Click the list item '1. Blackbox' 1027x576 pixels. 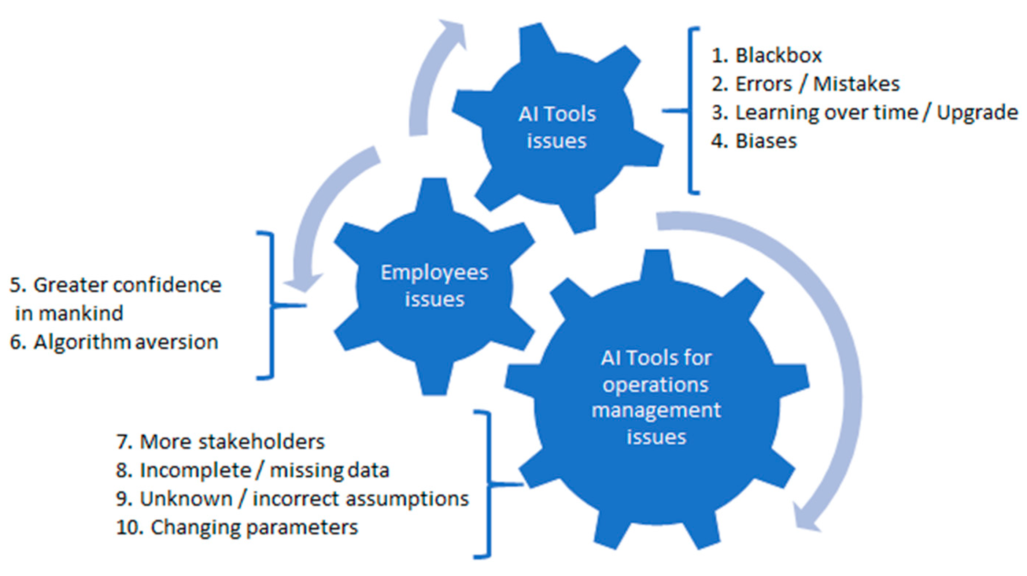point(766,55)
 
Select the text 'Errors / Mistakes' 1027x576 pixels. point(817,84)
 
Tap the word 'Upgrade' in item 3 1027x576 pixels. point(977,113)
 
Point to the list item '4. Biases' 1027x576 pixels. point(754,141)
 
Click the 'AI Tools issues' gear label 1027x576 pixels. point(557,128)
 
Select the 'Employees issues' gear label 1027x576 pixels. point(434,286)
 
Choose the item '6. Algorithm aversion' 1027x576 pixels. point(114,342)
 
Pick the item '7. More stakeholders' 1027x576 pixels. point(221,442)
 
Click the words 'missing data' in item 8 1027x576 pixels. point(329,470)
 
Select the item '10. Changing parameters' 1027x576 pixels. point(237,528)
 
